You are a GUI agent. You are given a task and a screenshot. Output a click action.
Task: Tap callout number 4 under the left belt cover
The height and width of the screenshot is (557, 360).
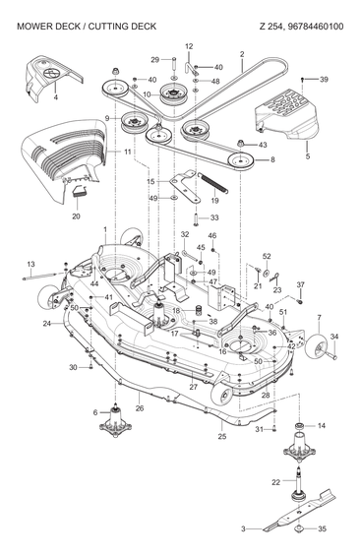click(x=55, y=98)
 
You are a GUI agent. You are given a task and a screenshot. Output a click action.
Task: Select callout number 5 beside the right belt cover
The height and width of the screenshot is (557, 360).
click(x=307, y=156)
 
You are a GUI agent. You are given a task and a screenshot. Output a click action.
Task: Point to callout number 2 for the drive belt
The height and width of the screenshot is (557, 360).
click(x=241, y=53)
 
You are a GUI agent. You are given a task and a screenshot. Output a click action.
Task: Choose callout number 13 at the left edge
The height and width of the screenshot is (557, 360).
click(x=30, y=264)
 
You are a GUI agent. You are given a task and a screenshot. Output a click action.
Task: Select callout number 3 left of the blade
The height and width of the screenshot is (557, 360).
click(x=243, y=528)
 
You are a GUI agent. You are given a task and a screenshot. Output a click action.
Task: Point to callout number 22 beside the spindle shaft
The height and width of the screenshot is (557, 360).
click(x=276, y=481)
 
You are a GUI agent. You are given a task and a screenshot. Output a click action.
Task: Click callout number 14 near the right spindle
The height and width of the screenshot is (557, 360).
click(x=322, y=425)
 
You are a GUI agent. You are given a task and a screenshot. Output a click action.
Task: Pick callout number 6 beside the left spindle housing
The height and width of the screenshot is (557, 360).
click(x=95, y=412)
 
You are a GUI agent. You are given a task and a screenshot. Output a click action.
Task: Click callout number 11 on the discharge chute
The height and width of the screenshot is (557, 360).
click(x=128, y=153)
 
